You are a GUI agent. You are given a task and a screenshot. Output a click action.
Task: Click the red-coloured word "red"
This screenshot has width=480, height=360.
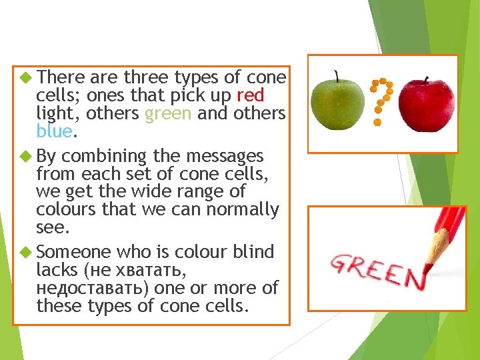tap(250, 95)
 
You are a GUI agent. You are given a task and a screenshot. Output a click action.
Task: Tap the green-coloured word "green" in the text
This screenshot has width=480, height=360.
tap(168, 113)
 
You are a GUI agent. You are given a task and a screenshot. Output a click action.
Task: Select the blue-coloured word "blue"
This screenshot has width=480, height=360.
tap(54, 131)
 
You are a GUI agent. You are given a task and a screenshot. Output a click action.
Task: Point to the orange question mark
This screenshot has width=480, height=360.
tap(382, 100)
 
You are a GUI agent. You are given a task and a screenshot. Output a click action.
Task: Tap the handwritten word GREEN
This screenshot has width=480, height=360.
tap(377, 269)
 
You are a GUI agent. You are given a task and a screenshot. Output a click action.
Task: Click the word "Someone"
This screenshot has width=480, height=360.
tap(73, 252)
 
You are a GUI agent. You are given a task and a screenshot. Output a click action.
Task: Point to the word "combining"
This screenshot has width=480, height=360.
tap(103, 156)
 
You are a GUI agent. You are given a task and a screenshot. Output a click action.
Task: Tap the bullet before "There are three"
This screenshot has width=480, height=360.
tap(27, 77)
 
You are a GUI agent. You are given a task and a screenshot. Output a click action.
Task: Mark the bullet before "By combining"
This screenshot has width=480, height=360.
tap(27, 156)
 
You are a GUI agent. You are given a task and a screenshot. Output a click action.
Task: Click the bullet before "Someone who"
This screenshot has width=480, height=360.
tap(27, 252)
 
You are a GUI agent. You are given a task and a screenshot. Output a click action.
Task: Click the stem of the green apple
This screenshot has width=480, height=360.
tap(337, 75)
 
